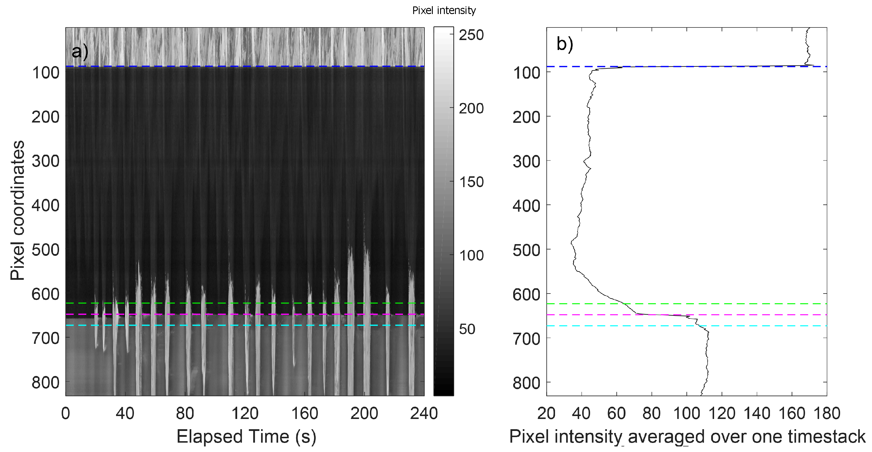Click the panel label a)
(x=80, y=52)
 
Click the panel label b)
(x=565, y=44)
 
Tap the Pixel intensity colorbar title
(x=444, y=11)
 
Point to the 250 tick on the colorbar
(x=471, y=35)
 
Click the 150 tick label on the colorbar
(x=471, y=182)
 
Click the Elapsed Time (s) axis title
(x=246, y=437)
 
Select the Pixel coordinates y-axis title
(x=17, y=210)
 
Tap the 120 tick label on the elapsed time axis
(x=245, y=413)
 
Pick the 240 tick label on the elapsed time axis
(x=424, y=413)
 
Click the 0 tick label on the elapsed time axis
(x=66, y=413)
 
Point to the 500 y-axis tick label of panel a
(x=45, y=250)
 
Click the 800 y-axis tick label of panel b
(x=526, y=383)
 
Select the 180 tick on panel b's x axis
(x=827, y=413)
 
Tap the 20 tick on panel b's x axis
(x=546, y=413)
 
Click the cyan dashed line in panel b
(x=762, y=326)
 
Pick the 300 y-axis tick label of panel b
(x=526, y=161)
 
